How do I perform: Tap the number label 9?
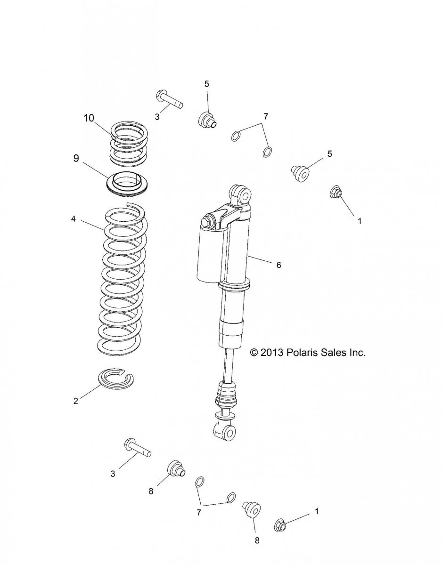tap(76, 159)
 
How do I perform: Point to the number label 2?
tap(75, 401)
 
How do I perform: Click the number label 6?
tap(278, 265)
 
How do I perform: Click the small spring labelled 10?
tap(128, 143)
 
